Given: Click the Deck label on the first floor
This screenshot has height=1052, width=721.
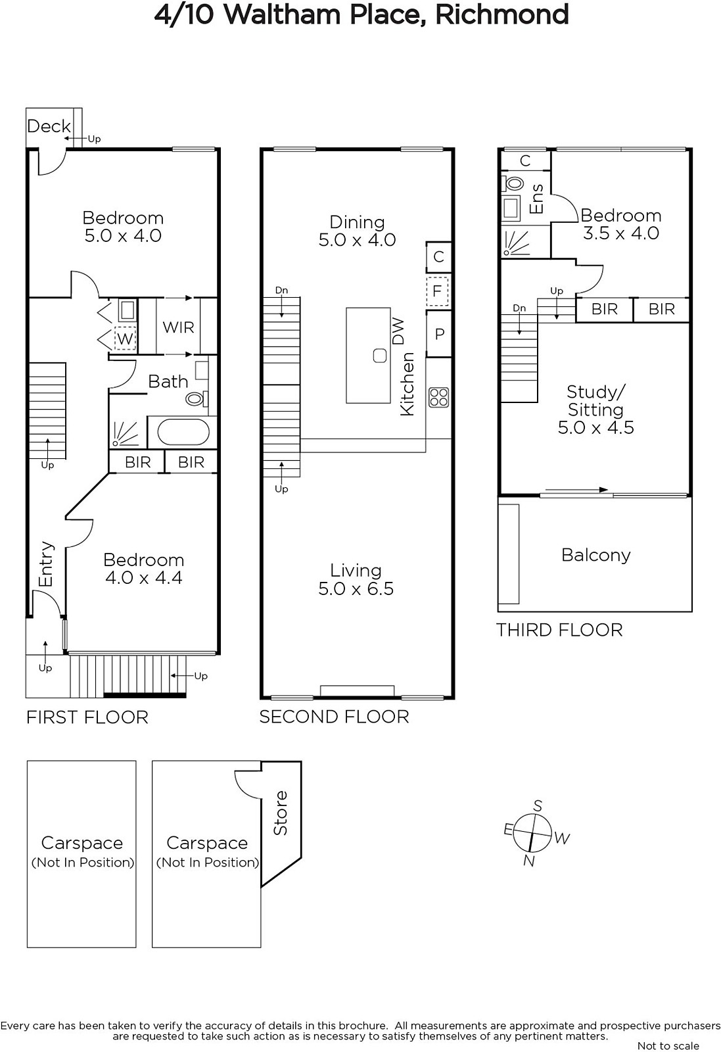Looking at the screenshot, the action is pyautogui.click(x=49, y=126).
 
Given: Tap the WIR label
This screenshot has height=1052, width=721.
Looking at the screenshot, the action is pyautogui.click(x=178, y=327).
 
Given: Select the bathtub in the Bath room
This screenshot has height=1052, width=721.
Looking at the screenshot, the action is pyautogui.click(x=183, y=432).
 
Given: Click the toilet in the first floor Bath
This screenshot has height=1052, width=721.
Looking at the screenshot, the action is pyautogui.click(x=197, y=398).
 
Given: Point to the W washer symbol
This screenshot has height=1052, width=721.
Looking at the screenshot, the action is pyautogui.click(x=125, y=339).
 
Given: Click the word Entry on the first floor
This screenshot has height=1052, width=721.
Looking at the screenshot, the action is pyautogui.click(x=46, y=563).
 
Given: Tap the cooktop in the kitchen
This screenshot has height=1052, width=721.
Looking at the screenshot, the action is pyautogui.click(x=439, y=397).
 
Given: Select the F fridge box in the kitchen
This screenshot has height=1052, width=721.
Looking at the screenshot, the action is pyautogui.click(x=437, y=291).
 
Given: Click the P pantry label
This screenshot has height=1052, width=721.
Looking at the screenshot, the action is pyautogui.click(x=439, y=334).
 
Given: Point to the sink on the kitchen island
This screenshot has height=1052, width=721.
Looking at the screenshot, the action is pyautogui.click(x=380, y=356).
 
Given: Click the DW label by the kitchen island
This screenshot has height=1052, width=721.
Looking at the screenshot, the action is pyautogui.click(x=398, y=331).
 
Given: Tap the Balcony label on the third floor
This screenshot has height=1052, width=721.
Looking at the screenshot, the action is pyautogui.click(x=595, y=555).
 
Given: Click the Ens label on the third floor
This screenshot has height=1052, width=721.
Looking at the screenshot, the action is pyautogui.click(x=536, y=199).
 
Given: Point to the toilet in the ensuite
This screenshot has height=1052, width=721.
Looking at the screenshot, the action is pyautogui.click(x=513, y=183).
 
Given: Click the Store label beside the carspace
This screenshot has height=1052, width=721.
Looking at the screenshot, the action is pyautogui.click(x=280, y=813).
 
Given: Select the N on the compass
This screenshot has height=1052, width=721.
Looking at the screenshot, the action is pyautogui.click(x=529, y=861).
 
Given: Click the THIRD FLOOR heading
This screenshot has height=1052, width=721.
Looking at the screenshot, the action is pyautogui.click(x=559, y=630).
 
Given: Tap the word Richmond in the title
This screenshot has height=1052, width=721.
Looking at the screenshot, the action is pyautogui.click(x=501, y=14).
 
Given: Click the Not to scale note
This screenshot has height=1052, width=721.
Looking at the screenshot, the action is pyautogui.click(x=668, y=1045).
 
